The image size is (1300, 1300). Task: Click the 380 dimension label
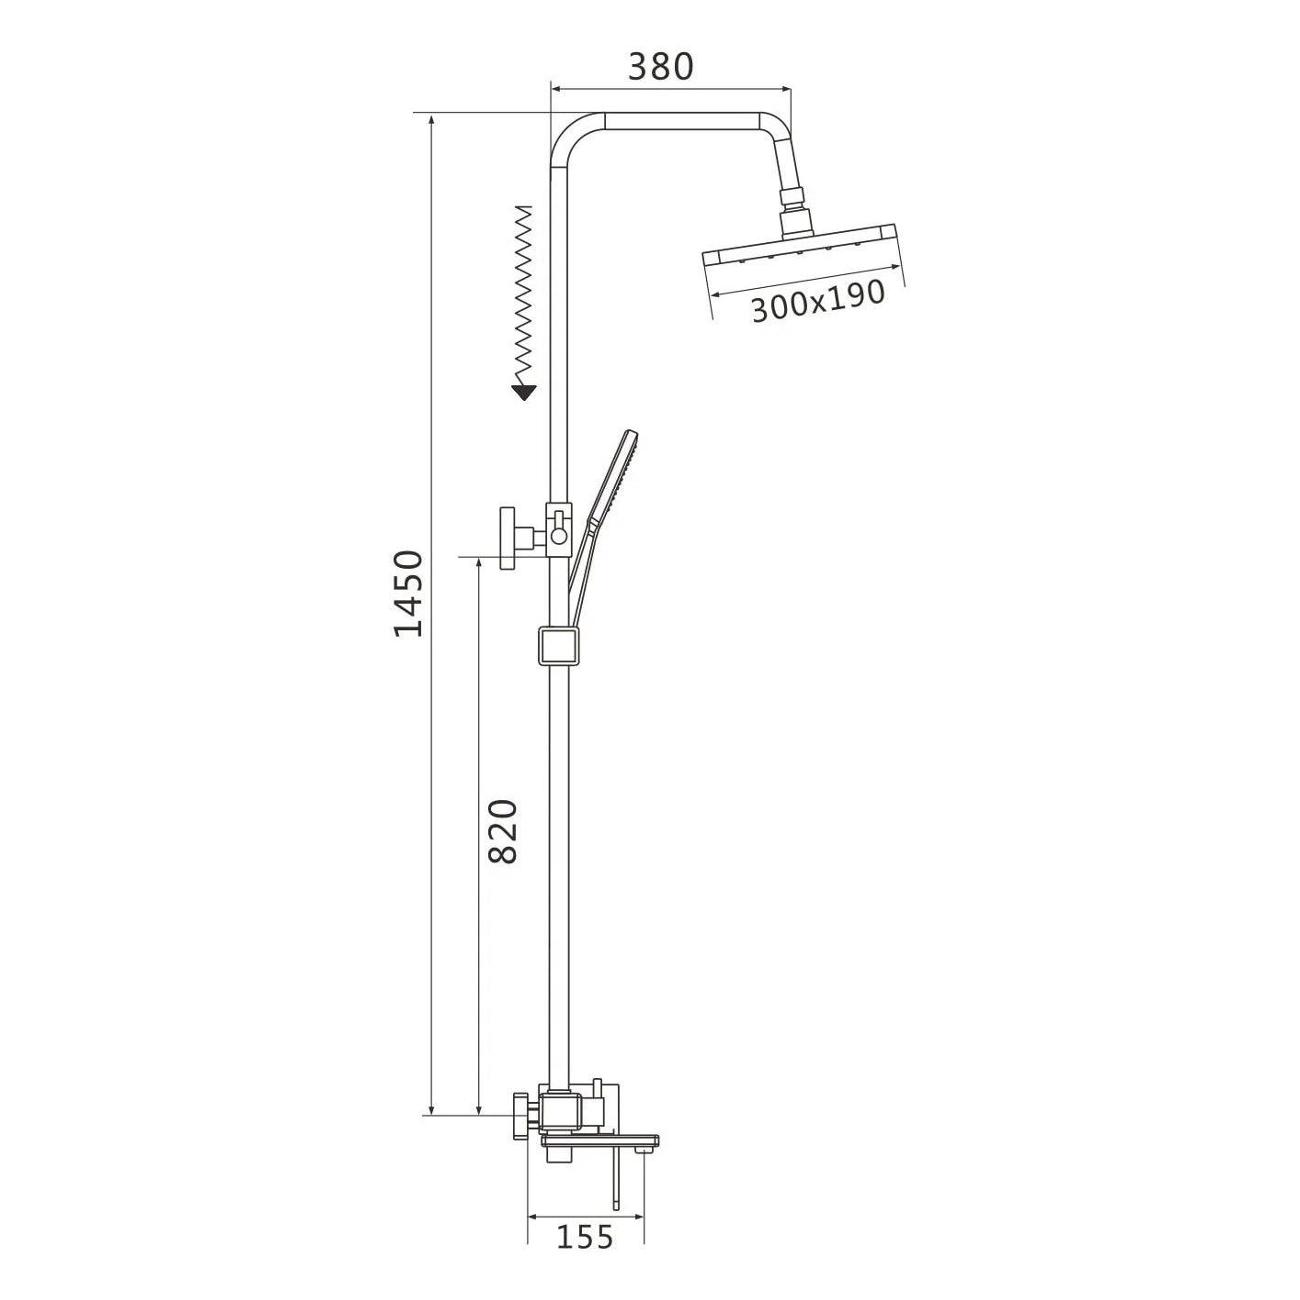point(660,67)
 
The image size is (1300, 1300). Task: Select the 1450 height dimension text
point(409,594)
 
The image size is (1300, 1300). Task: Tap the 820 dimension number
point(502,831)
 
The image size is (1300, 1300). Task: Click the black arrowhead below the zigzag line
point(524,392)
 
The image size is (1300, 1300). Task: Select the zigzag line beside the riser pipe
point(524,294)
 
